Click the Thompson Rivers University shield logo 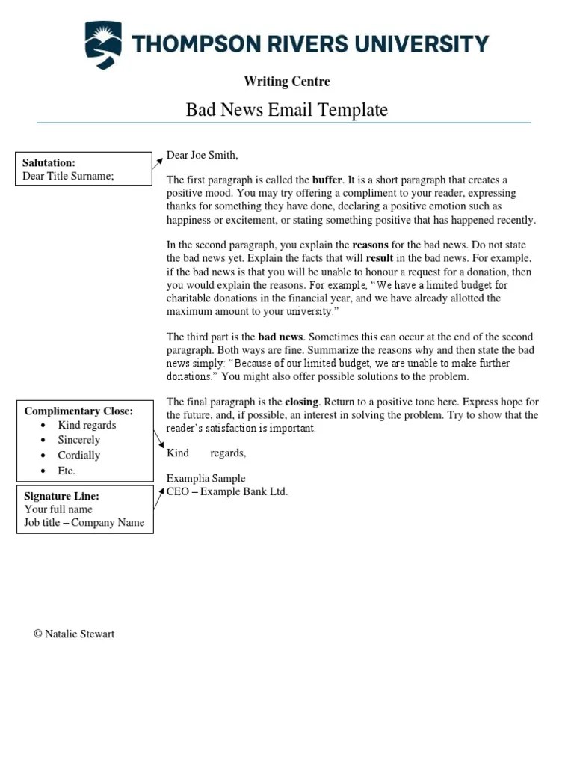(103, 45)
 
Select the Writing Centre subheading (286, 82)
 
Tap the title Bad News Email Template (286, 110)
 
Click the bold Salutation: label (49, 162)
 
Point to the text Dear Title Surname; (68, 176)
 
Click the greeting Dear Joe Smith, (202, 155)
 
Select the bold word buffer (327, 180)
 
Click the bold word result (379, 258)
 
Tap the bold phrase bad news (280, 337)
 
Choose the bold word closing (301, 402)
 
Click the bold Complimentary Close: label (78, 411)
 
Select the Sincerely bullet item (78, 440)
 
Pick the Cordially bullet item (78, 455)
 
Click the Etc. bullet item (67, 471)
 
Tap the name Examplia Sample (206, 478)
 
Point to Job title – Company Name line (84, 522)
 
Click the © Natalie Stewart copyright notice (74, 634)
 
